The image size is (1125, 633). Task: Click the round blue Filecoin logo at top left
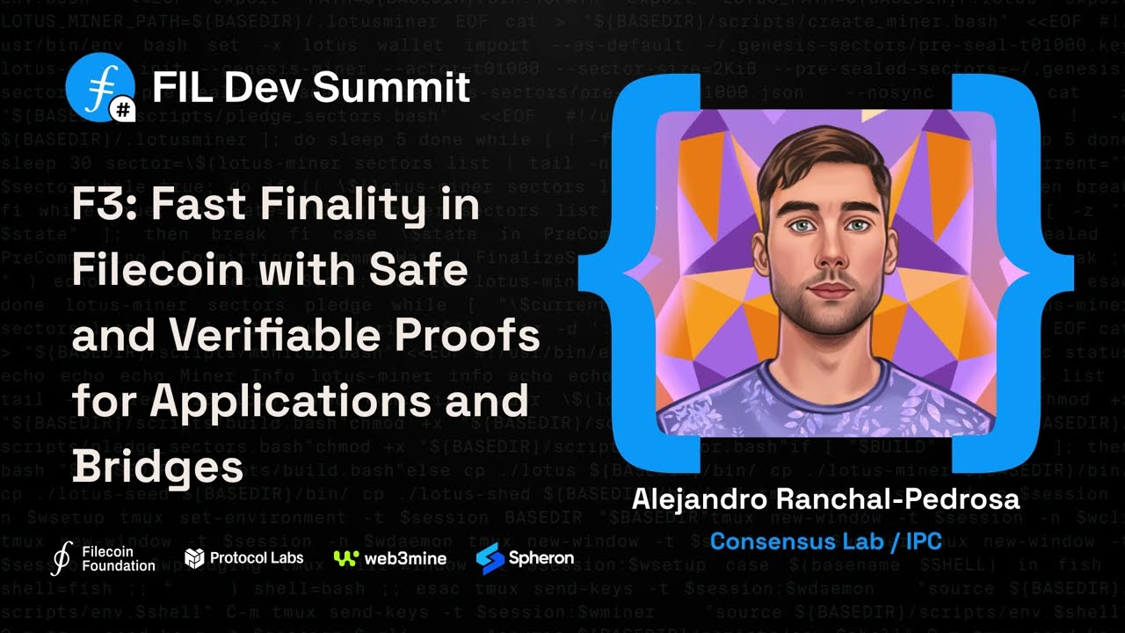[x=98, y=85]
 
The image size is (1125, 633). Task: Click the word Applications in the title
[x=289, y=401]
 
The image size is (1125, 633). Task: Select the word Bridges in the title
[x=157, y=466]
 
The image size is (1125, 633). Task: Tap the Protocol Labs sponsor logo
[x=243, y=557]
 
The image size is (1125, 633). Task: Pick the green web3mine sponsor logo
[x=390, y=558]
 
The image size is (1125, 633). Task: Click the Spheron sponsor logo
[x=525, y=557]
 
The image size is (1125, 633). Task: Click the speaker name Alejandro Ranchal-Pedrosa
[x=825, y=499]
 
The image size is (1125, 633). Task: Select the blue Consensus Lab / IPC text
[x=825, y=540]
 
